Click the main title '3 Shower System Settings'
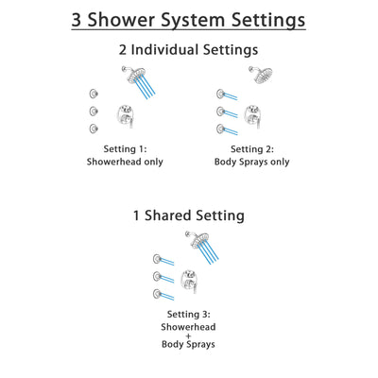189,19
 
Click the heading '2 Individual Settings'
189,49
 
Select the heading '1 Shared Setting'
189,215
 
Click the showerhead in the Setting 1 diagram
128,75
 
